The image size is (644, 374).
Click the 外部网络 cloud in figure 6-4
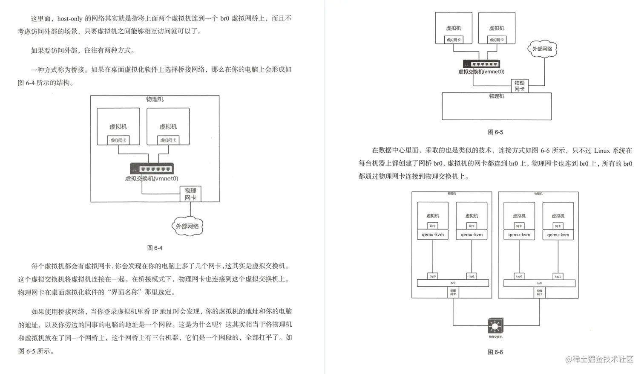pyautogui.click(x=187, y=226)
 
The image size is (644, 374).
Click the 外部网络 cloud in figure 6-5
pyautogui.click(x=542, y=49)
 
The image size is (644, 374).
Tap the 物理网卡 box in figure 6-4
pyautogui.click(x=190, y=194)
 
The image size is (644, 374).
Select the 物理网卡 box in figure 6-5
pyautogui.click(x=519, y=86)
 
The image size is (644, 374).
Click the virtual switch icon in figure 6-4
pyautogui.click(x=152, y=168)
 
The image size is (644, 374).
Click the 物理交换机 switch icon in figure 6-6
pyautogui.click(x=495, y=326)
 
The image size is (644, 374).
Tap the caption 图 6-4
pyautogui.click(x=155, y=248)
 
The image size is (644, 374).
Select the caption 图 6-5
pyautogui.click(x=495, y=132)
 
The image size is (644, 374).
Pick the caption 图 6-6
pyautogui.click(x=495, y=352)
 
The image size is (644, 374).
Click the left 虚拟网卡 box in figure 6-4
pyautogui.click(x=118, y=140)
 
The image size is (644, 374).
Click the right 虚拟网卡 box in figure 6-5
pyautogui.click(x=497, y=40)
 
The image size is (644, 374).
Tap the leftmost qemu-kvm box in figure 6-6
pyautogui.click(x=433, y=235)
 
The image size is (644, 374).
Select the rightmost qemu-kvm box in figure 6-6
pyautogui.click(x=558, y=235)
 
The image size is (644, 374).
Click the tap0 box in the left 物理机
pyautogui.click(x=433, y=276)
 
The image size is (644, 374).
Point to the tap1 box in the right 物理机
pyautogui.click(x=558, y=276)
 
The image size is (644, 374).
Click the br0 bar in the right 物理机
pyautogui.click(x=539, y=283)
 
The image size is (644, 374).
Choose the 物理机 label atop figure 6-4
pyautogui.click(x=155, y=99)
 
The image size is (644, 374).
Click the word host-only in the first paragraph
pyautogui.click(x=70, y=19)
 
